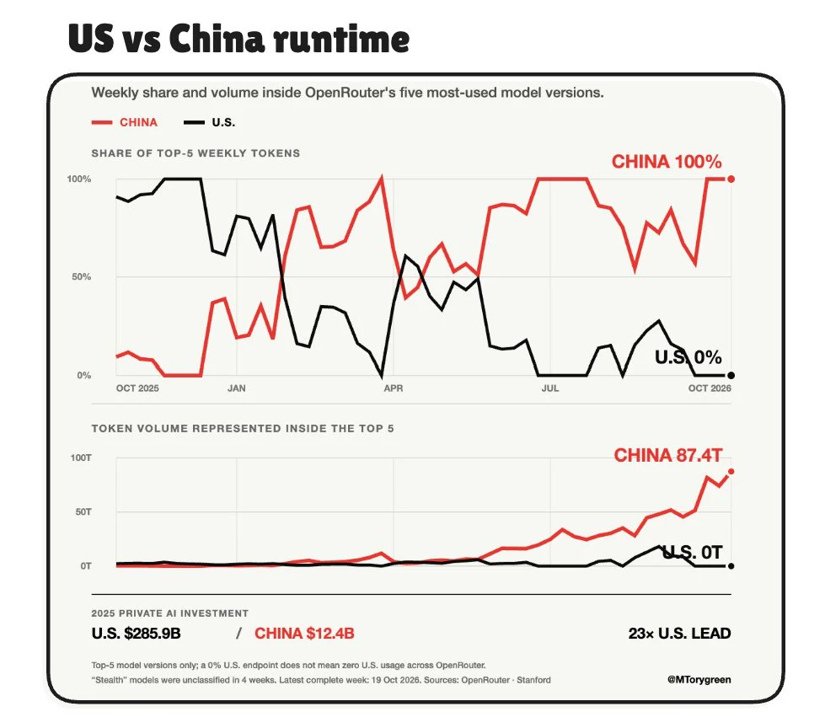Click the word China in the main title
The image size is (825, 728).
pos(217,39)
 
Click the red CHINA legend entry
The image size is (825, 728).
pos(125,122)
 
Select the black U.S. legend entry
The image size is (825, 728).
pos(209,122)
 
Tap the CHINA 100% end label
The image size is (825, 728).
pos(667,162)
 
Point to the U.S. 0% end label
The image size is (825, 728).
pos(688,357)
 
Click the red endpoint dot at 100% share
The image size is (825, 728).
pos(731,179)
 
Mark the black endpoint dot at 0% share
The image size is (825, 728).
pos(731,375)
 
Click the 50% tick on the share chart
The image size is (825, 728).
pos(82,276)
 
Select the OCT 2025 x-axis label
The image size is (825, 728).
pos(137,388)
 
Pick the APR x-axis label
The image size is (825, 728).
pos(393,388)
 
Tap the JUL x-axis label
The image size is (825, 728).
pos(549,388)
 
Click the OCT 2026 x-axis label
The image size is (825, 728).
pos(710,388)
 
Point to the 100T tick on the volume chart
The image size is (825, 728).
pos(81,458)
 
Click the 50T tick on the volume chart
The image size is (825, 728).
pos(83,511)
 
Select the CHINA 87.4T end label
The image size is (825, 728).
pos(668,455)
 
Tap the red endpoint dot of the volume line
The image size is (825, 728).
pos(731,471)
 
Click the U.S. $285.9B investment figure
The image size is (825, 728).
pos(136,633)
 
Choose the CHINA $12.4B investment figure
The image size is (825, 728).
pos(304,633)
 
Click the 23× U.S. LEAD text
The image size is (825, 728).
pos(679,633)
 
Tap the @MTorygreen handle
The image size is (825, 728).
pos(699,680)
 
